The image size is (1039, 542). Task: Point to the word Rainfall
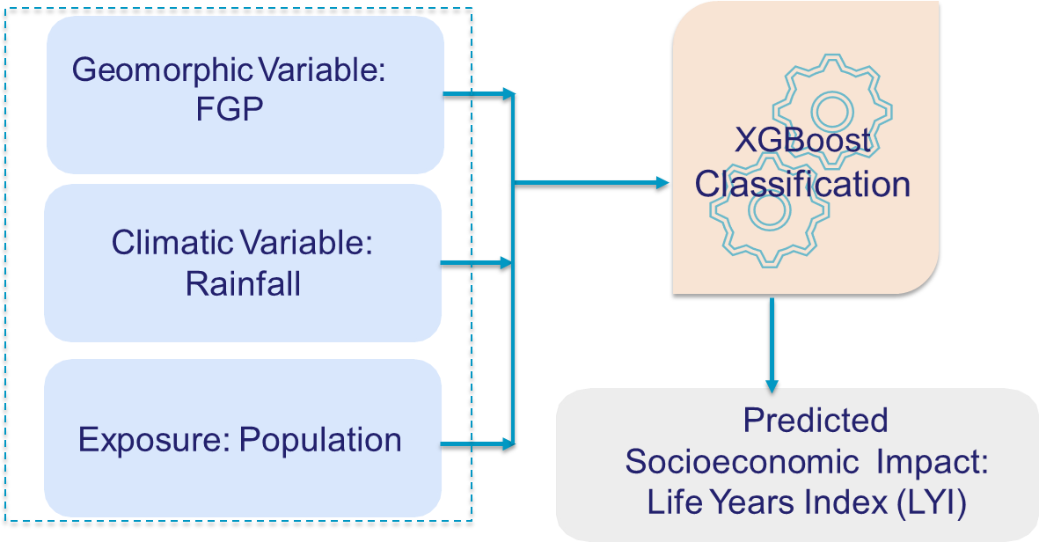click(243, 283)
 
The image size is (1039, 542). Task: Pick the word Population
click(321, 439)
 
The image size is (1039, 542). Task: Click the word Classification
click(802, 184)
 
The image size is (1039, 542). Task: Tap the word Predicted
click(816, 421)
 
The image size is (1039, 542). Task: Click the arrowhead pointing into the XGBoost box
click(664, 184)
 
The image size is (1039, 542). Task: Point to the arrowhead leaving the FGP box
click(508, 93)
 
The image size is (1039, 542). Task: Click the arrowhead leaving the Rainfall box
click(508, 263)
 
